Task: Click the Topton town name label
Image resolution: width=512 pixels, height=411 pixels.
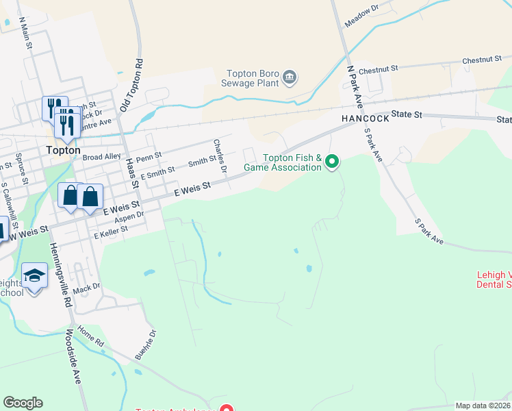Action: (x=63, y=150)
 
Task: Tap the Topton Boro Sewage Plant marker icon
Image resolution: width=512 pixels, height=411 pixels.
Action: (x=290, y=76)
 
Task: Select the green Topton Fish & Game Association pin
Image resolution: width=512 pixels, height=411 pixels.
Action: (x=332, y=162)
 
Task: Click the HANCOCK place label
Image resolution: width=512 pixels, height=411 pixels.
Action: (x=366, y=118)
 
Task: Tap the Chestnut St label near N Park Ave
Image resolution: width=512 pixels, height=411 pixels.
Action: (x=378, y=70)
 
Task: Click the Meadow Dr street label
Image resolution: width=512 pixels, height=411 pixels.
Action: (x=361, y=16)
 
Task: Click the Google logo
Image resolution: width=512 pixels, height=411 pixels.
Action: (x=23, y=403)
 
